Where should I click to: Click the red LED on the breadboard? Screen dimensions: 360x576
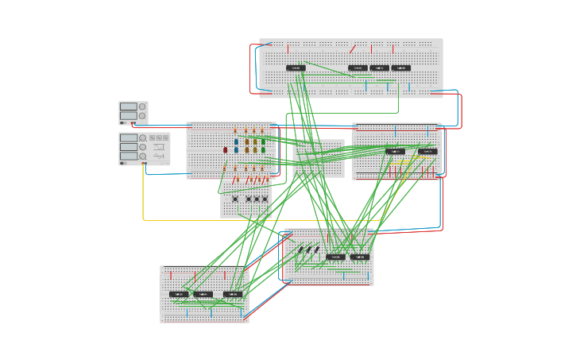[226, 149]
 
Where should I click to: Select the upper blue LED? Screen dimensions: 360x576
[236, 142]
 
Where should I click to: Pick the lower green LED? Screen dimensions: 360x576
[263, 149]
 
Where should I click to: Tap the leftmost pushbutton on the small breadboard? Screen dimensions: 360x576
[235, 199]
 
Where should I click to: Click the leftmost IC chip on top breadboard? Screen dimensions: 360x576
[296, 68]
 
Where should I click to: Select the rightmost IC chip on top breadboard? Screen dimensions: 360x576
[401, 68]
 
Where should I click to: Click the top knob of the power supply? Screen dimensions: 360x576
[142, 106]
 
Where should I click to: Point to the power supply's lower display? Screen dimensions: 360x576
[128, 115]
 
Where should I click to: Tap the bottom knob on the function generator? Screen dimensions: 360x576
[143, 157]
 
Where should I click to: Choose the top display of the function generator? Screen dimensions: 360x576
[129, 137]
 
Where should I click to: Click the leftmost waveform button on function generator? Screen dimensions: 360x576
[152, 137]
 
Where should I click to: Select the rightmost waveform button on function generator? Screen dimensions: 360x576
[165, 137]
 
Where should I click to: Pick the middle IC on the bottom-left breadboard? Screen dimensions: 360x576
[203, 294]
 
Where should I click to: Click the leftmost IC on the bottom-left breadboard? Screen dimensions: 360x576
[179, 294]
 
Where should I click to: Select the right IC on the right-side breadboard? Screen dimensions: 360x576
[427, 151]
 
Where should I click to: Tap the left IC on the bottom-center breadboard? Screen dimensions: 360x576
[335, 257]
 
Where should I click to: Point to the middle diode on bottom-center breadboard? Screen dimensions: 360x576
[308, 250]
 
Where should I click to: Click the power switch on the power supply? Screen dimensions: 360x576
[123, 123]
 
